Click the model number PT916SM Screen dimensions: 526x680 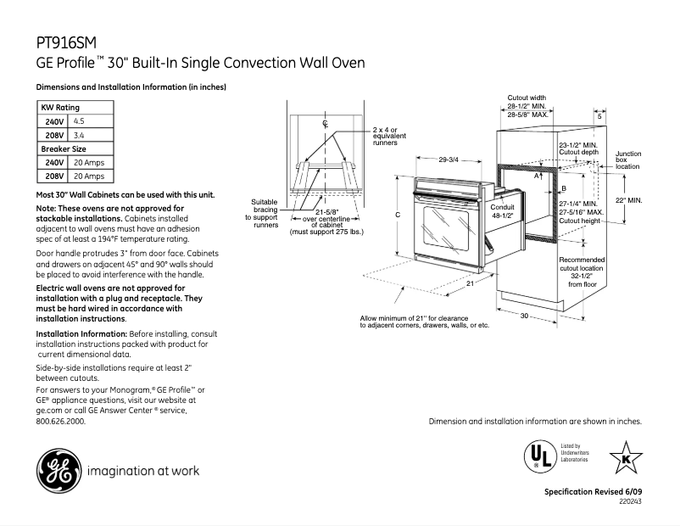66,42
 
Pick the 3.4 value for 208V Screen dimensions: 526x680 79,135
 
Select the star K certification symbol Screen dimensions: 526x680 626,458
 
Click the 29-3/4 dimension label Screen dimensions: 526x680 449,159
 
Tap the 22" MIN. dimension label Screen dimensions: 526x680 628,200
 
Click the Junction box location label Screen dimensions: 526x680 628,160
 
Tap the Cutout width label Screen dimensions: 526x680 527,98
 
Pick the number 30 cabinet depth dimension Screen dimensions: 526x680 524,316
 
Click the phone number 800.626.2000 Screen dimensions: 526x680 61,421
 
